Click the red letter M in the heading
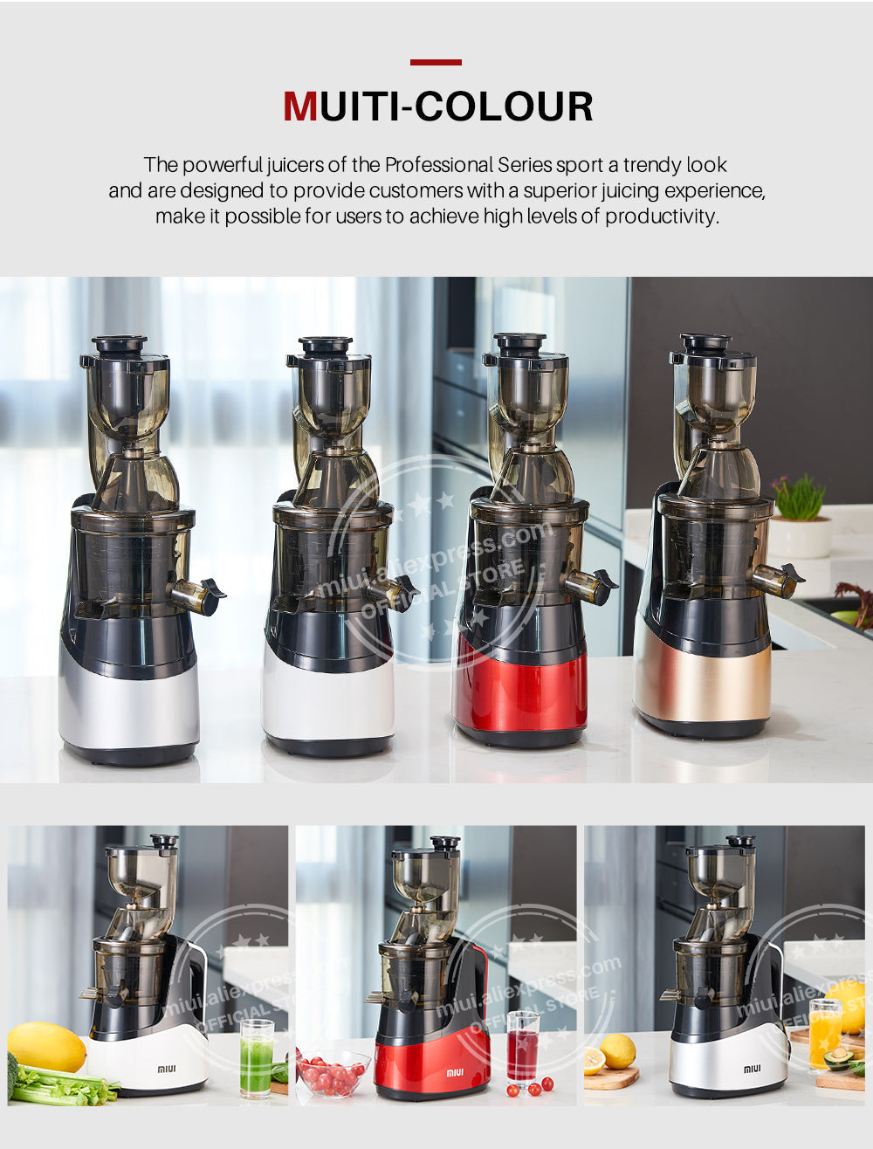click(300, 107)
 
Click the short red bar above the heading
click(436, 62)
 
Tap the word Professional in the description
click(440, 165)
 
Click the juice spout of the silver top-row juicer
click(199, 595)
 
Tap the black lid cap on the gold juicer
click(705, 343)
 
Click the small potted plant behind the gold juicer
click(799, 516)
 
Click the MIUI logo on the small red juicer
click(455, 1072)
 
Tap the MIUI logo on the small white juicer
click(167, 1069)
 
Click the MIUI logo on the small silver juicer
click(753, 1070)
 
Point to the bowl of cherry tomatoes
click(333, 1071)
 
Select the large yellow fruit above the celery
click(46, 1047)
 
